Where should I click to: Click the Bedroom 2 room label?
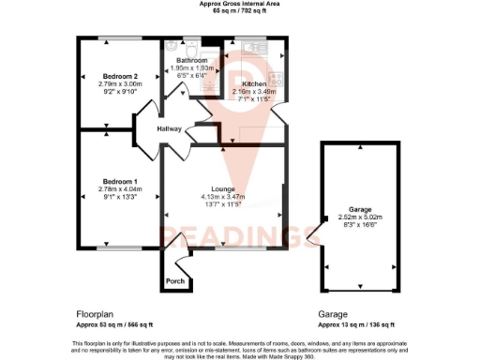point(121,76)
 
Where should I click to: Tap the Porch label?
point(174,281)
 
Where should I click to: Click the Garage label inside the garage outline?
point(361,210)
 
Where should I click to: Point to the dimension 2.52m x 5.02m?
point(361,217)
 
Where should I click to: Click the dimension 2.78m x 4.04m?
point(121,187)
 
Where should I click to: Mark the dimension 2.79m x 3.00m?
point(121,84)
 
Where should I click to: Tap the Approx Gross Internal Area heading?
point(240,4)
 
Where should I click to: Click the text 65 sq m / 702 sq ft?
point(240,11)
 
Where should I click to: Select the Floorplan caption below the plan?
point(94,315)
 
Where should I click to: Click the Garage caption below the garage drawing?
point(334,315)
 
